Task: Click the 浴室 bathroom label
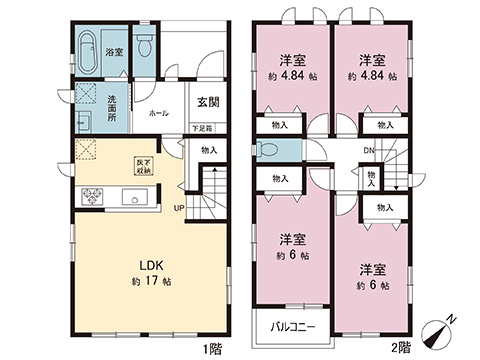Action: point(114,50)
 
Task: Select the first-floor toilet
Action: point(145,47)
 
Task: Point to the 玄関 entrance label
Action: point(208,101)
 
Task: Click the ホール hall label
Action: point(157,114)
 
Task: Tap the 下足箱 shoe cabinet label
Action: point(203,128)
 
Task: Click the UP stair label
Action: point(179,208)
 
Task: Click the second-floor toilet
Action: point(267,151)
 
